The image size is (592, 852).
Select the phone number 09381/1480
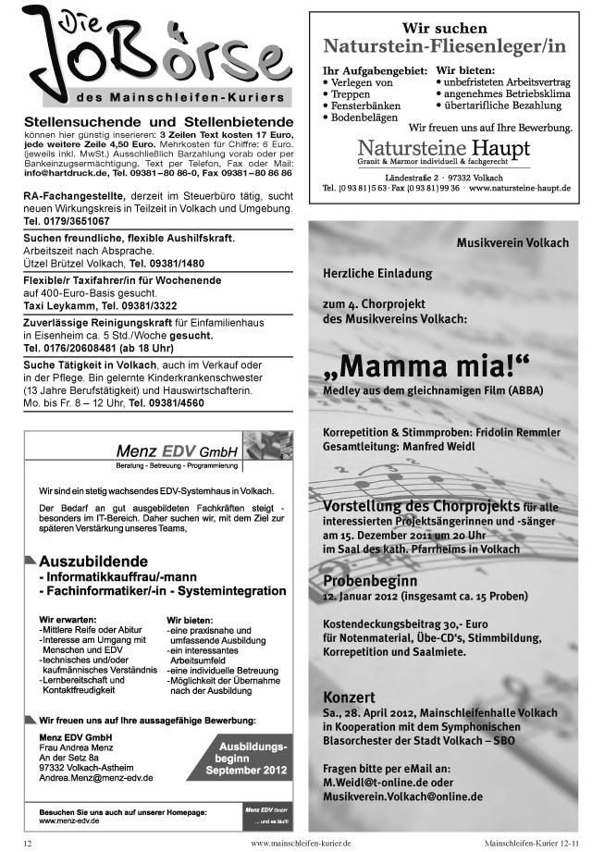pyautogui.click(x=166, y=263)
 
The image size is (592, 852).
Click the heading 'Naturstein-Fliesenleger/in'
pyautogui.click(x=444, y=46)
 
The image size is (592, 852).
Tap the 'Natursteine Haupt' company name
pyautogui.click(x=444, y=148)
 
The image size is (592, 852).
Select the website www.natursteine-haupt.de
pyautogui.click(x=519, y=188)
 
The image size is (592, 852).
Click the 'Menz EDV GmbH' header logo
pyautogui.click(x=177, y=451)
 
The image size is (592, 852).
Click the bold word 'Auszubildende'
pyautogui.click(x=93, y=561)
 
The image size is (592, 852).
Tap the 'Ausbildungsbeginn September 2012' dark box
pyautogui.click(x=246, y=757)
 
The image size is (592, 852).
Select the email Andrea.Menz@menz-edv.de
pyautogui.click(x=96, y=778)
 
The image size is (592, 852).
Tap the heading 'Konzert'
pyautogui.click(x=349, y=696)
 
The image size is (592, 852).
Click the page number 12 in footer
pyautogui.click(x=28, y=843)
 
